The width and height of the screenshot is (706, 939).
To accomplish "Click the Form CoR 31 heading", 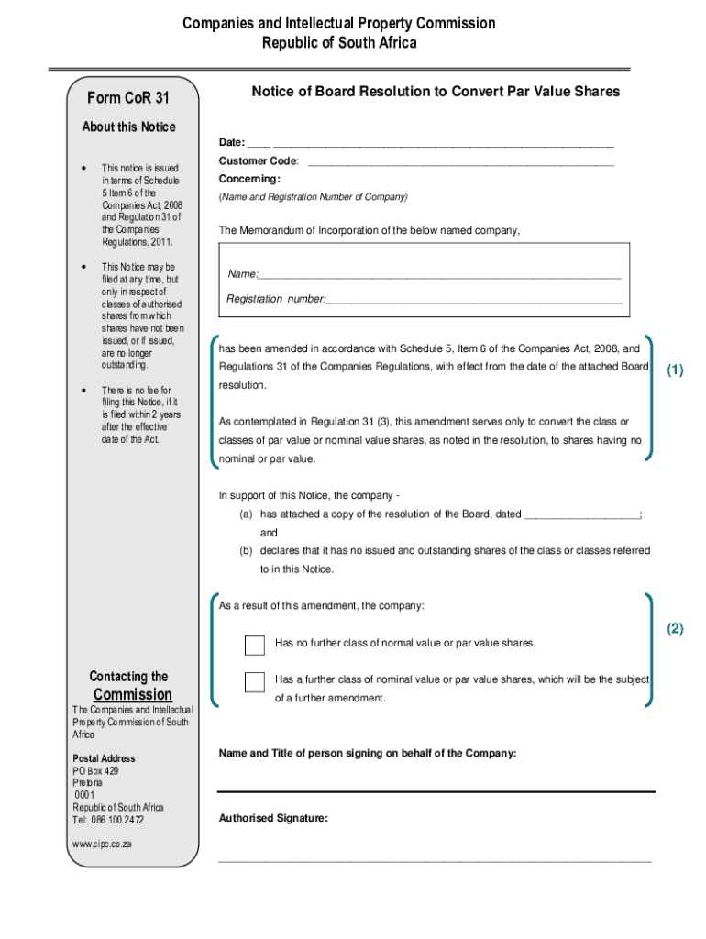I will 128,98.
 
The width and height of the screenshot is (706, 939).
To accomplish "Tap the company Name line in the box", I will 440,275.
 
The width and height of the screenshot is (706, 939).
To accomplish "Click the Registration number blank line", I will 473,301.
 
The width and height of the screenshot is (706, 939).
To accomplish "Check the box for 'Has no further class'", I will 255,645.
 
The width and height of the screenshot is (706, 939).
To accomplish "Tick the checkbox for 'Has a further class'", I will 255,681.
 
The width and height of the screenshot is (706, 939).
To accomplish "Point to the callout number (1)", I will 676,370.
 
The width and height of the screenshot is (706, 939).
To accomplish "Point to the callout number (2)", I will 676,629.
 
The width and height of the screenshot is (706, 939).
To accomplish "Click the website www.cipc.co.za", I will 102,844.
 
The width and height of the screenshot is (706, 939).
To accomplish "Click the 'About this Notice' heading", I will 128,127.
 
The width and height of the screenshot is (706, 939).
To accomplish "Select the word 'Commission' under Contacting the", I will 133,694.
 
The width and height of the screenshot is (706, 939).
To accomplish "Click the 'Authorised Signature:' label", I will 273,818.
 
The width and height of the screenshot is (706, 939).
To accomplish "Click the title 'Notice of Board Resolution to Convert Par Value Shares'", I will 436,92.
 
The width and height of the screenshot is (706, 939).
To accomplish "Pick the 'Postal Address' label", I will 104,758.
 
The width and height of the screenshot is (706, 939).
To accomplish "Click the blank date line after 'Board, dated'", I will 580,514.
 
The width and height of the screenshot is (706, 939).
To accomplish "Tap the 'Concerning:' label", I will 249,179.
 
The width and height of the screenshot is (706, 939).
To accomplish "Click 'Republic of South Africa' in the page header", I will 339,43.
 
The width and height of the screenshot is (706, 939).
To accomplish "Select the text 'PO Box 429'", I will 96,771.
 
